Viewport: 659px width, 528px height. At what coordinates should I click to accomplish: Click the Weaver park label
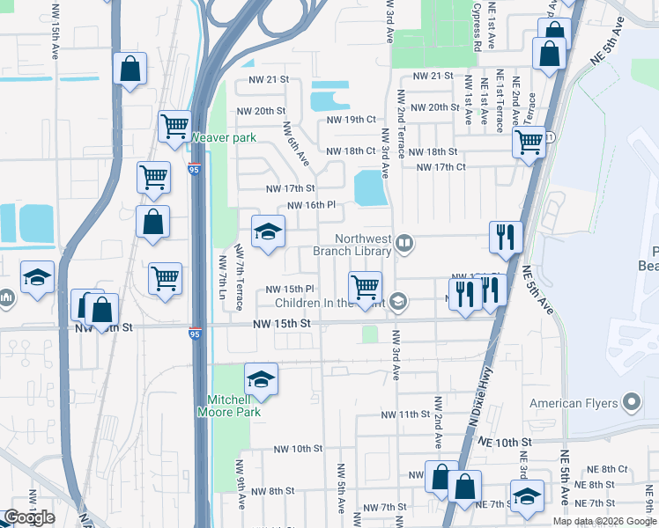(x=224, y=137)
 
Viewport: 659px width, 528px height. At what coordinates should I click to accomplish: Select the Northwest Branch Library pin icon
(x=404, y=242)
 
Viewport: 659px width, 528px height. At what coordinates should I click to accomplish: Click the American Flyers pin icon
(x=631, y=404)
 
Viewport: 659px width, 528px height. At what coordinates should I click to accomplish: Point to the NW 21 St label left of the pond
(x=270, y=80)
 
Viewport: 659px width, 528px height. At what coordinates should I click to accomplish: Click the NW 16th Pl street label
(x=306, y=205)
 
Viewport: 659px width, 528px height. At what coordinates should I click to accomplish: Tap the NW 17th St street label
(x=292, y=188)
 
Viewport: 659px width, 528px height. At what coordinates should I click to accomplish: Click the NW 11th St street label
(x=405, y=414)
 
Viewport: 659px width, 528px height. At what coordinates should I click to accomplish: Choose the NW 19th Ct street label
(x=351, y=120)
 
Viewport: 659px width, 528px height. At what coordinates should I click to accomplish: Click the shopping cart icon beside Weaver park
(x=174, y=126)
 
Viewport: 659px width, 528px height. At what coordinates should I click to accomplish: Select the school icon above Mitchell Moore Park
(x=261, y=378)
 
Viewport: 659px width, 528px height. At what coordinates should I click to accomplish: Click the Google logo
(x=29, y=517)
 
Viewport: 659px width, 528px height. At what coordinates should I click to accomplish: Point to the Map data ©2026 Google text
(x=604, y=521)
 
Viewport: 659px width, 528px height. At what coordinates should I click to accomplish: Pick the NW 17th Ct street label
(x=441, y=167)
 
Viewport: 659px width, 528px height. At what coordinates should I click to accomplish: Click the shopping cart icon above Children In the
(x=365, y=287)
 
